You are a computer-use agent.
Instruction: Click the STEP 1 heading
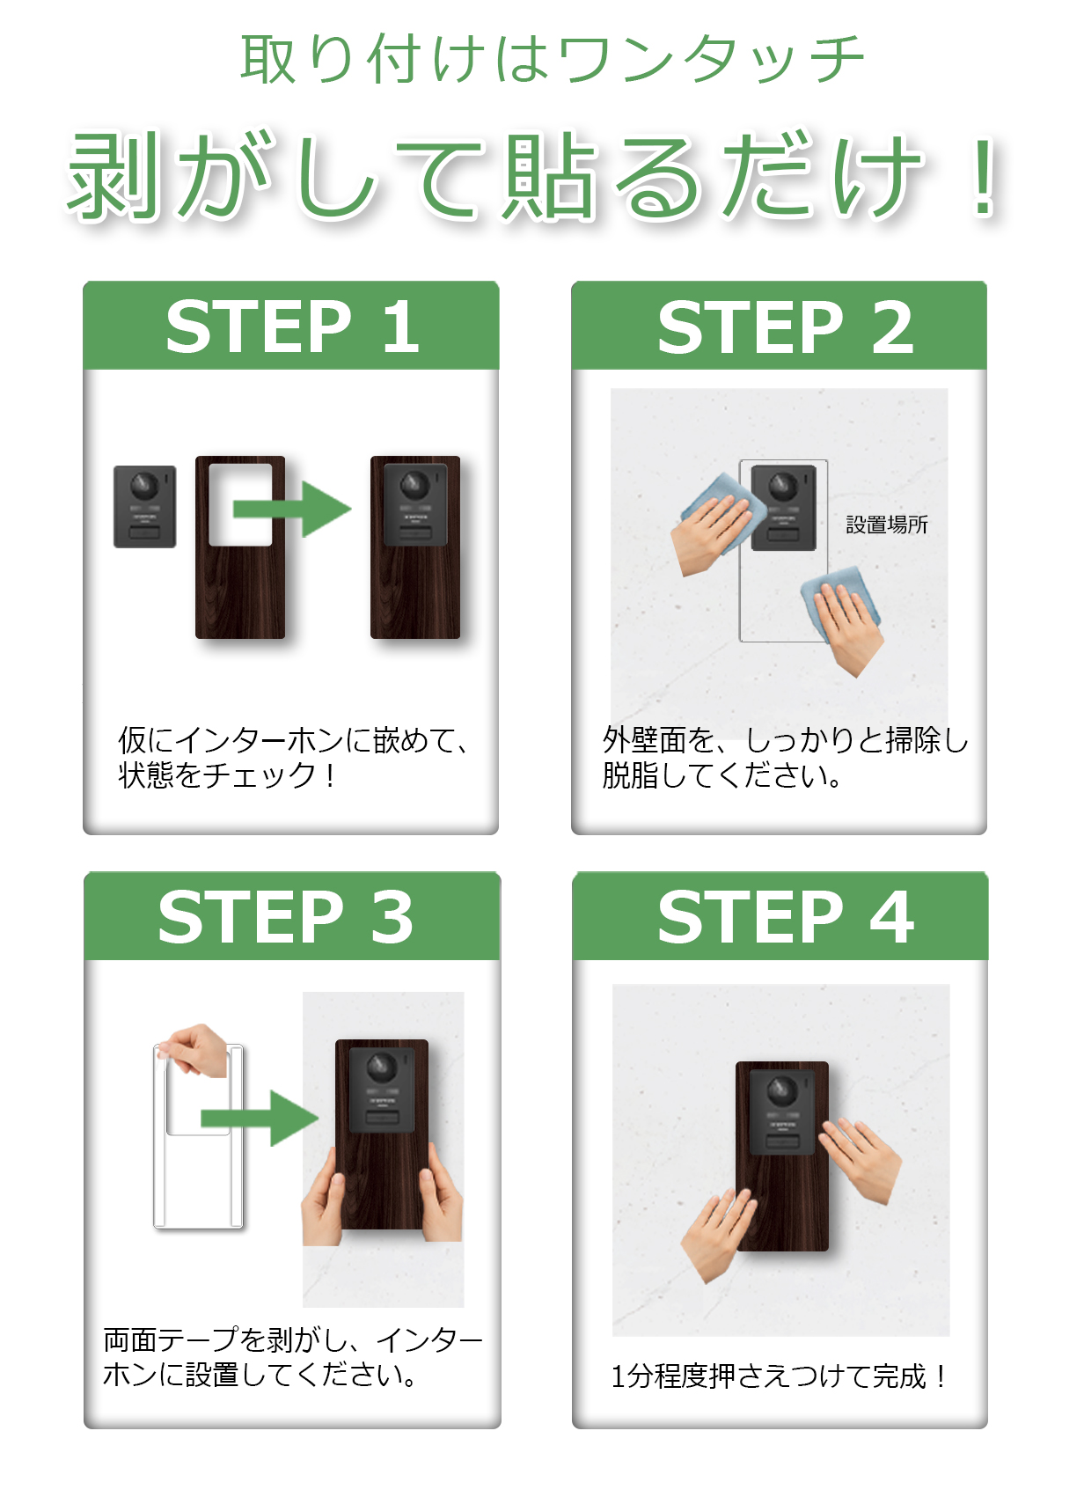pos(292,327)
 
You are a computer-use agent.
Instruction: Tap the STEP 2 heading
pos(785,327)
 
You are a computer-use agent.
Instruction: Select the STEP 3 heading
pos(285,918)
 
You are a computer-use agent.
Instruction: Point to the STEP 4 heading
pos(785,918)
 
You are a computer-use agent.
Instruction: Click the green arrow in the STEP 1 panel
pos(292,510)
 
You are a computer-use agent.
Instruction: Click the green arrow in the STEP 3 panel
pos(260,1118)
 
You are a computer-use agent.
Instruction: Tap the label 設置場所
pos(887,525)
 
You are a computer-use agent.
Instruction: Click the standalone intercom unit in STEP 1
pos(145,507)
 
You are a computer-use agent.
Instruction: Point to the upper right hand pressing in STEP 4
pos(861,1160)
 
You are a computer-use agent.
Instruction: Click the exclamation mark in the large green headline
pos(984,177)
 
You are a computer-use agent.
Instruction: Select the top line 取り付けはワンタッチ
pos(552,59)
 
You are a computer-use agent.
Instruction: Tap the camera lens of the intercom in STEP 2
pos(782,486)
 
